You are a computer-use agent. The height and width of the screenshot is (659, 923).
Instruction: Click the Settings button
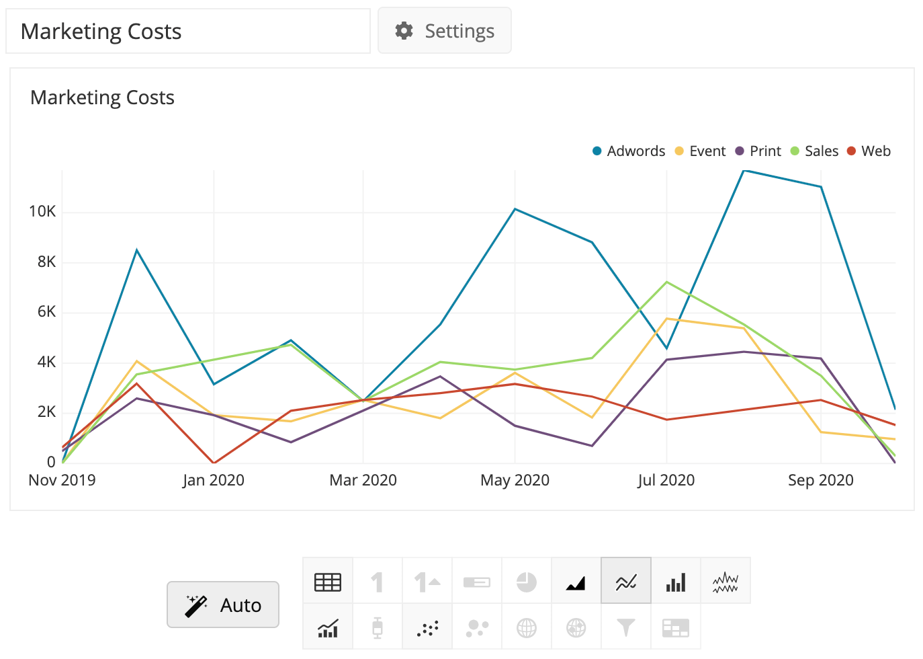pos(445,31)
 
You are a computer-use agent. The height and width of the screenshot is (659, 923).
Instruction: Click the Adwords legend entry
pos(629,151)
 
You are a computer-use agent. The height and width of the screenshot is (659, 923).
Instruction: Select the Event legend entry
pos(701,151)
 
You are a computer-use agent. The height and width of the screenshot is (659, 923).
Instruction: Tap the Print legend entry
pos(758,151)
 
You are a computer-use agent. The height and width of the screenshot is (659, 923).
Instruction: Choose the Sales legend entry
pos(815,151)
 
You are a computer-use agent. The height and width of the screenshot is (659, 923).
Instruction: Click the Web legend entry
pos(869,151)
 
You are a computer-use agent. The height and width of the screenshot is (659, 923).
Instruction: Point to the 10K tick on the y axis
pos(42,212)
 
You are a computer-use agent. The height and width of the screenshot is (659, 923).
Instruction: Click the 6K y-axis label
pos(46,312)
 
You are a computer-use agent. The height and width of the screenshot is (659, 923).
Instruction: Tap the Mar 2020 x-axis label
pos(363,480)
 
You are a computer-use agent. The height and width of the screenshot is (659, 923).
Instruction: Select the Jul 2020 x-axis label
pos(666,480)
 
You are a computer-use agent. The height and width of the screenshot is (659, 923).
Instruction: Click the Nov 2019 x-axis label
pos(62,480)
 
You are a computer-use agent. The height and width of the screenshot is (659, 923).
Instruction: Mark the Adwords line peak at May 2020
pos(515,209)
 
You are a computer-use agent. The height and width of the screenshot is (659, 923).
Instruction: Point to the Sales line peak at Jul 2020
pos(666,282)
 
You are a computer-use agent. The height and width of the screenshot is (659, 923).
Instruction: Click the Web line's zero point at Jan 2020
pos(214,463)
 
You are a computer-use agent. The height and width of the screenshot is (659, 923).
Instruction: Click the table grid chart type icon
pos(328,582)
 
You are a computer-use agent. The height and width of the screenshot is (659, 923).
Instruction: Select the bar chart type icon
pos(676,582)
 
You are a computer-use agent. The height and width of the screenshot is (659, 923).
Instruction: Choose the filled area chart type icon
pos(576,582)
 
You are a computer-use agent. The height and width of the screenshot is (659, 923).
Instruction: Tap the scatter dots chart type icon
pos(427,628)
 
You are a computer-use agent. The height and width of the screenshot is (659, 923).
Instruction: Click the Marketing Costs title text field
pos(188,32)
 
